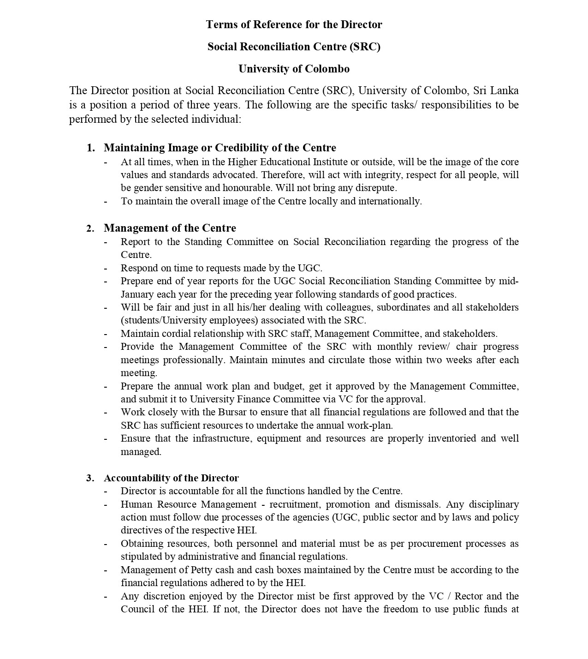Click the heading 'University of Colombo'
click(x=294, y=69)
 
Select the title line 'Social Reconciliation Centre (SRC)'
click(x=294, y=47)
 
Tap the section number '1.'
click(x=90, y=148)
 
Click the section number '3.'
click(x=90, y=478)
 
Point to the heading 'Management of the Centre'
click(x=170, y=228)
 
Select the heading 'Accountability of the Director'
click(x=171, y=478)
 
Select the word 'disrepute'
click(x=375, y=188)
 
